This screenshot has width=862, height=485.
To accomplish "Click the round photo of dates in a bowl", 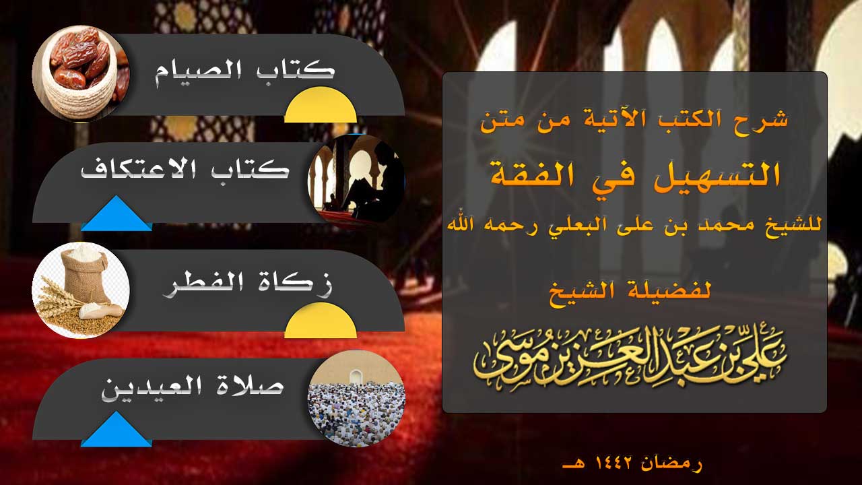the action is (81, 73).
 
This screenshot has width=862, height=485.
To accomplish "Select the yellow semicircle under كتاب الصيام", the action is (321, 104).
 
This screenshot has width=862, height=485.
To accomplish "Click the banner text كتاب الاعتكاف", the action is (185, 170).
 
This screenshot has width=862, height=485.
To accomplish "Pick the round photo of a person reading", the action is (356, 182).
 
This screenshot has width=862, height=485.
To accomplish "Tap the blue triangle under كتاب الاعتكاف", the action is (117, 214).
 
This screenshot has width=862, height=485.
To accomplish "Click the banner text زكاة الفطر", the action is (248, 285).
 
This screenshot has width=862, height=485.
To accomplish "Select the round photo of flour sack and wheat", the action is (81, 290).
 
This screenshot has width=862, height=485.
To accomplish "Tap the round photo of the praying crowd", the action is (356, 398).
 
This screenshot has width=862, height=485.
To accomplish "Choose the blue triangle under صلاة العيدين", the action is (117, 429).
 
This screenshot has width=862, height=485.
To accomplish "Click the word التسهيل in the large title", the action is (711, 175).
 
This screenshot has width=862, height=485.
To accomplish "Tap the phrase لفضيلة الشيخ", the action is (630, 294).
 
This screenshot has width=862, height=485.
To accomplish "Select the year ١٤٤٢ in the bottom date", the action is (613, 463).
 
